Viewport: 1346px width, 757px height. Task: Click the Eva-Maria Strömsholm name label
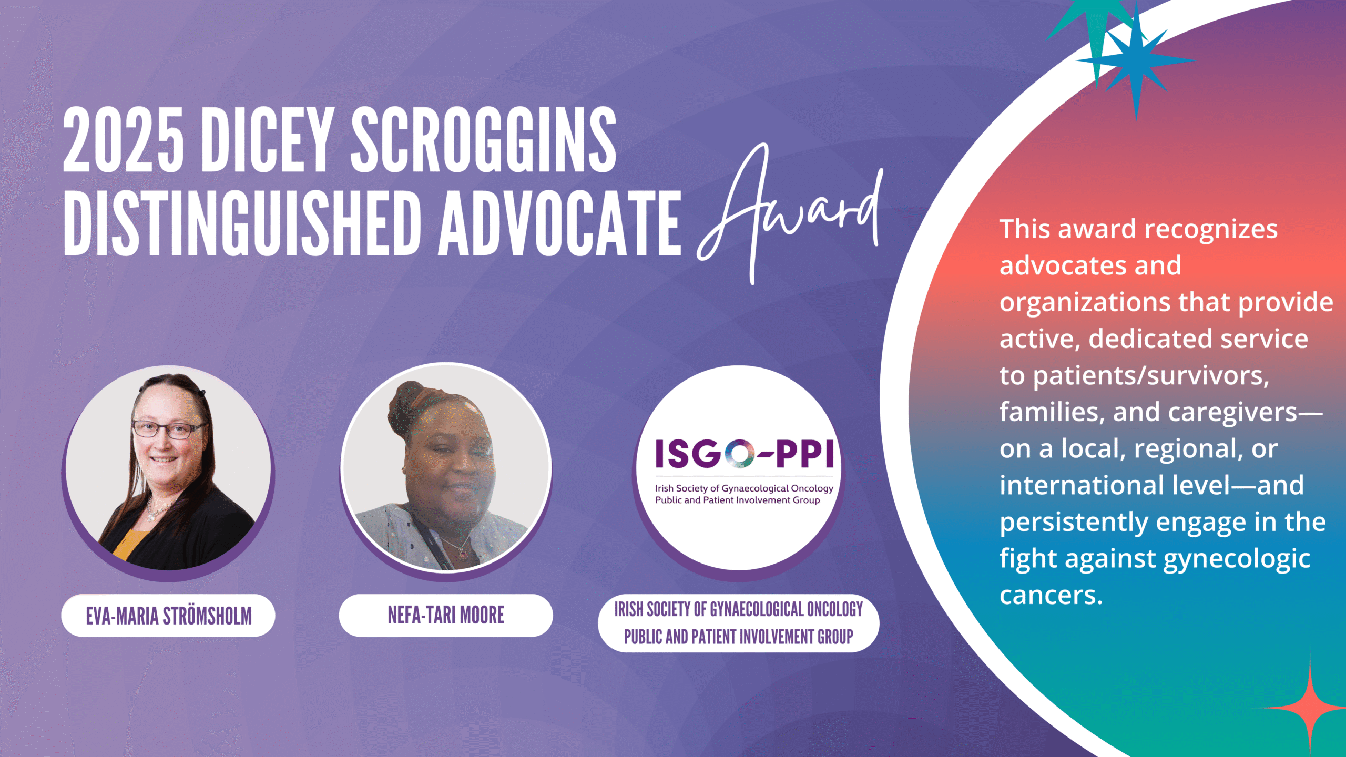point(168,616)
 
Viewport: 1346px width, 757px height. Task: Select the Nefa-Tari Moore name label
point(446,615)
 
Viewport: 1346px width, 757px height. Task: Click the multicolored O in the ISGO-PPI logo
point(739,454)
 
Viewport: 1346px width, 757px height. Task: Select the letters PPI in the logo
point(804,454)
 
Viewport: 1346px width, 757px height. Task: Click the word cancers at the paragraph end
point(1051,596)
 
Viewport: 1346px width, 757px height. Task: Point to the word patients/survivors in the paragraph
point(1151,376)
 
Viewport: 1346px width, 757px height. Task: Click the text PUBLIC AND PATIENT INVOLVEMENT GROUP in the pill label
point(738,637)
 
